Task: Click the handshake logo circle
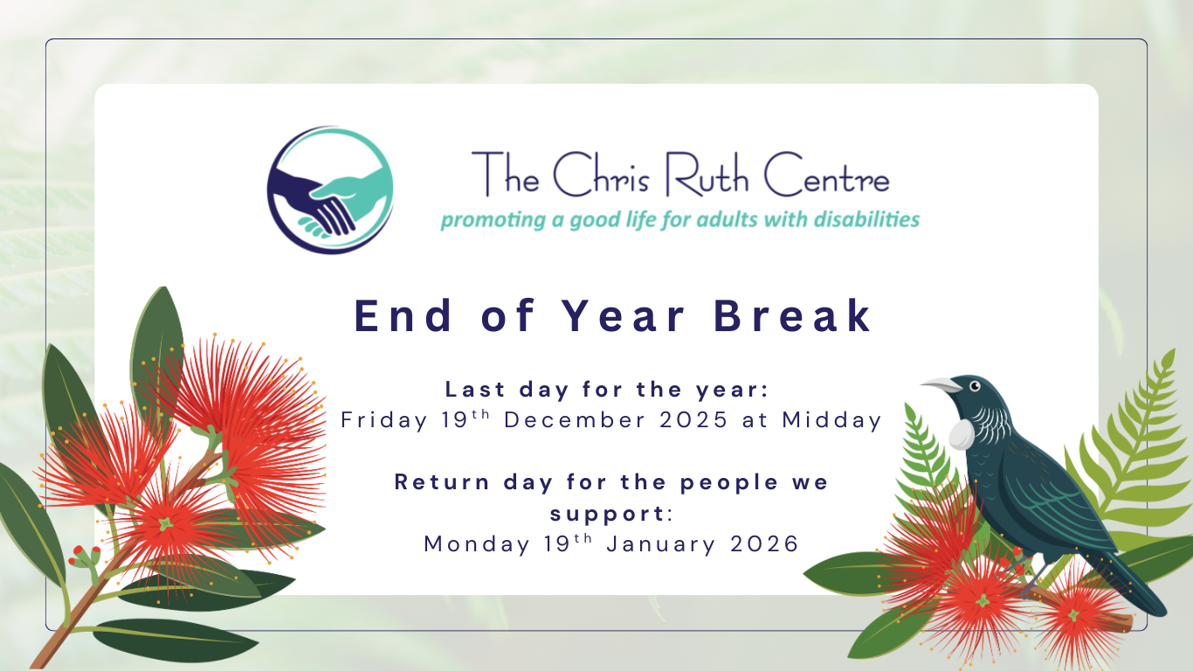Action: coord(330,190)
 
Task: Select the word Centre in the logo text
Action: coord(826,177)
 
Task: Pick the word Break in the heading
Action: coord(793,316)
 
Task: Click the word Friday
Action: coord(383,420)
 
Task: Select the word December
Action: coord(571,420)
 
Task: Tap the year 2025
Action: coord(694,420)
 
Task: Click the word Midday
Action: coord(831,420)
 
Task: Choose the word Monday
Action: coord(476,544)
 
